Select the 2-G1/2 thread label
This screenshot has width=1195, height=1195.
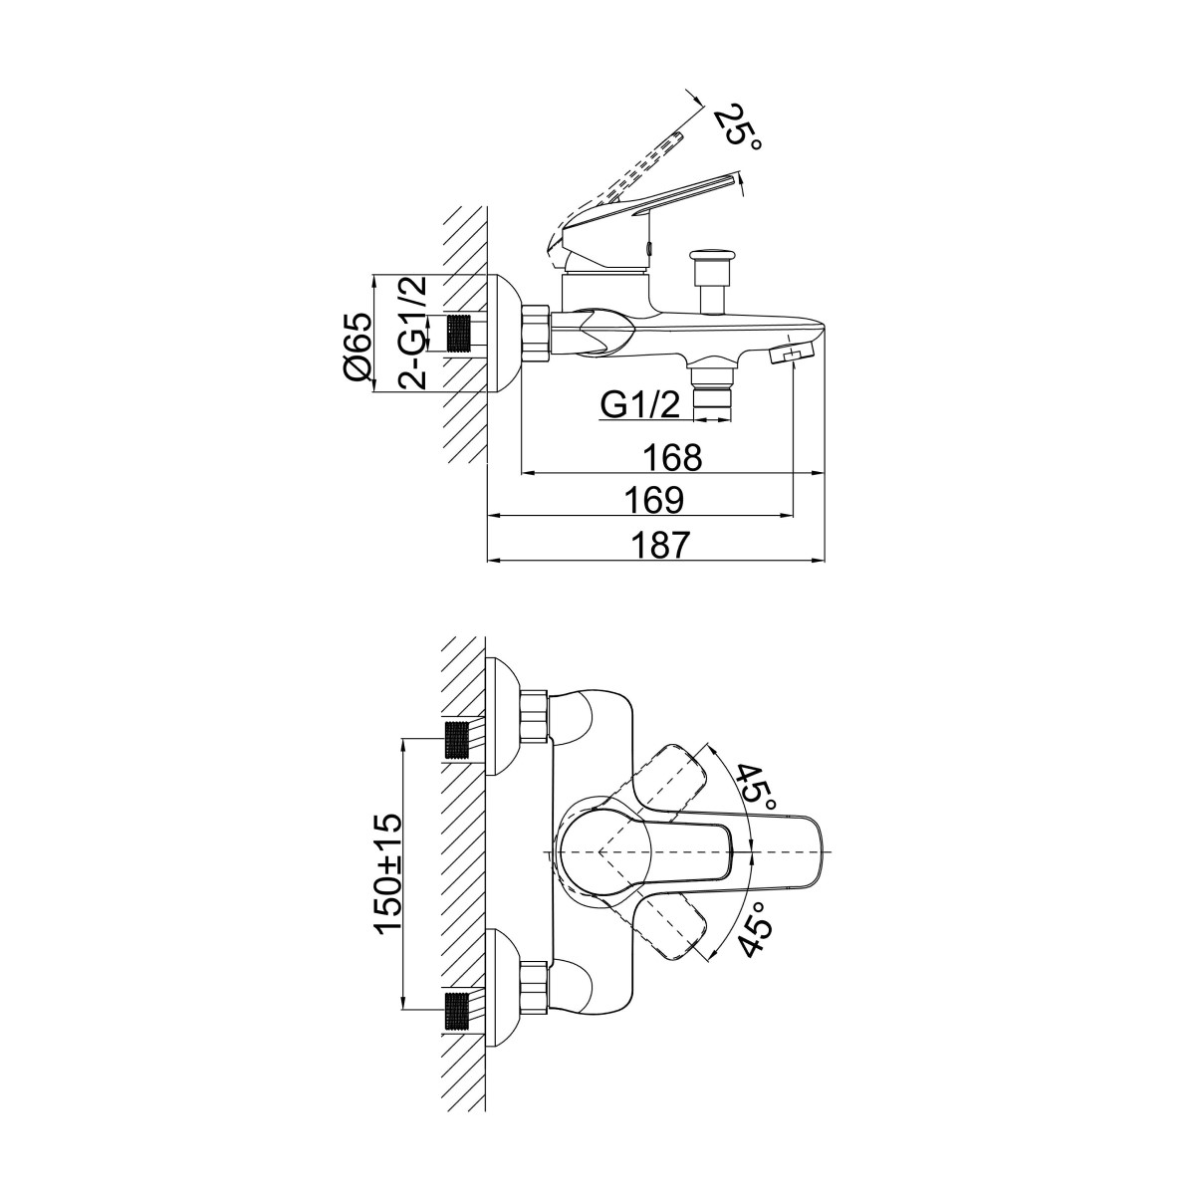pos(413,333)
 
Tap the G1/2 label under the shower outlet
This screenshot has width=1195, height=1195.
pos(640,406)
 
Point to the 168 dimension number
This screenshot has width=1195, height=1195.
pos(673,458)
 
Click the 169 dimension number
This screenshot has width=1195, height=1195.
pos(653,501)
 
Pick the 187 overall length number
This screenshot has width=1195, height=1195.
pos(661,545)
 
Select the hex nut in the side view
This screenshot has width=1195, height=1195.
pos(536,332)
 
